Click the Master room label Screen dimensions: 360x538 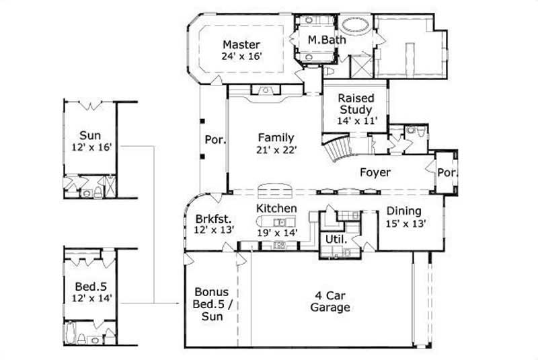click(241, 45)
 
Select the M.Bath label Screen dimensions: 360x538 click(327, 40)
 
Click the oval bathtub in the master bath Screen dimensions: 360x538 click(352, 28)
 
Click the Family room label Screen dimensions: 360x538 click(275, 138)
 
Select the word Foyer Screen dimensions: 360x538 click(375, 172)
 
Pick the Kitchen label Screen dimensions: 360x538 click(276, 209)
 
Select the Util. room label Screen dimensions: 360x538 click(336, 240)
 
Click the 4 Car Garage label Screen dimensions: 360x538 click(330, 302)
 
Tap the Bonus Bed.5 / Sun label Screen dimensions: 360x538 click(211, 304)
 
